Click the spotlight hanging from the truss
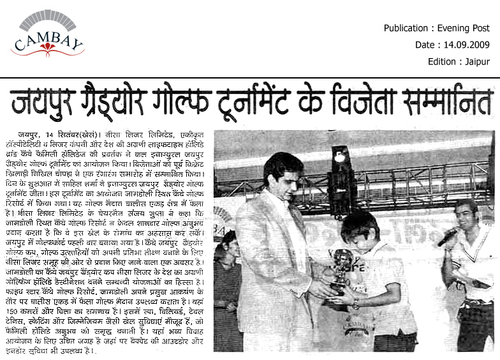point(340,156)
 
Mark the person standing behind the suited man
point(226,281)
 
